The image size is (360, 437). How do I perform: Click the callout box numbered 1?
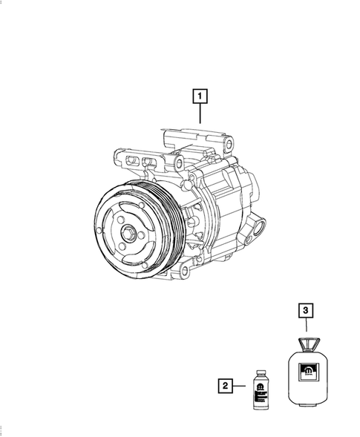pyautogui.click(x=199, y=96)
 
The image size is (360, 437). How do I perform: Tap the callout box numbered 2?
pyautogui.click(x=224, y=385)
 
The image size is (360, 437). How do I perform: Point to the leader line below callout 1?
pyautogui.click(x=199, y=114)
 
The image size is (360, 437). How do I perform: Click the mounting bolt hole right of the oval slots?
pyautogui.click(x=179, y=163)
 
